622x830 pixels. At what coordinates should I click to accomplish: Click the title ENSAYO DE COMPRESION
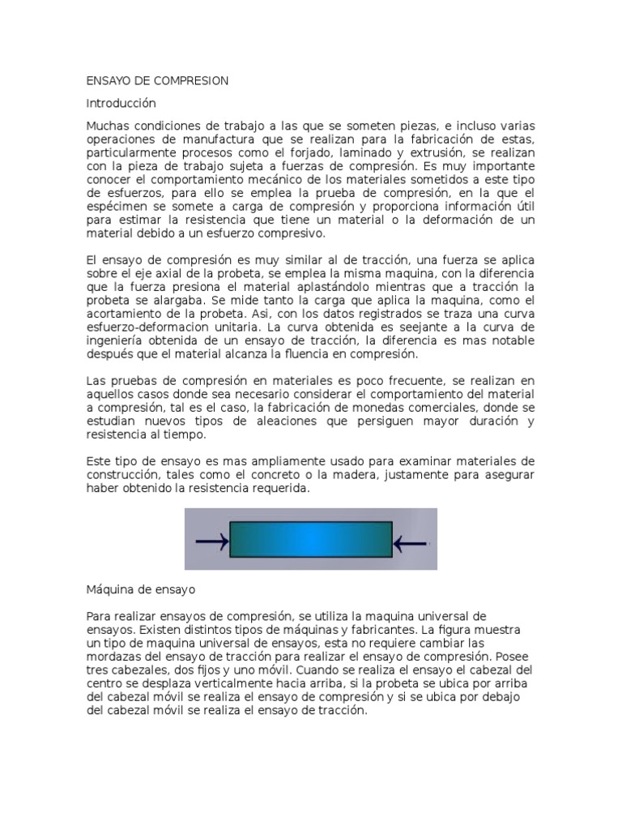click(157, 81)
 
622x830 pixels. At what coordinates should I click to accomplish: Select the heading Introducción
click(121, 104)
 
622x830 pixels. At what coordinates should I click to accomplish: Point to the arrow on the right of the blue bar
click(410, 541)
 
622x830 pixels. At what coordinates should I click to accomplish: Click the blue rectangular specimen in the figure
click(311, 540)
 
